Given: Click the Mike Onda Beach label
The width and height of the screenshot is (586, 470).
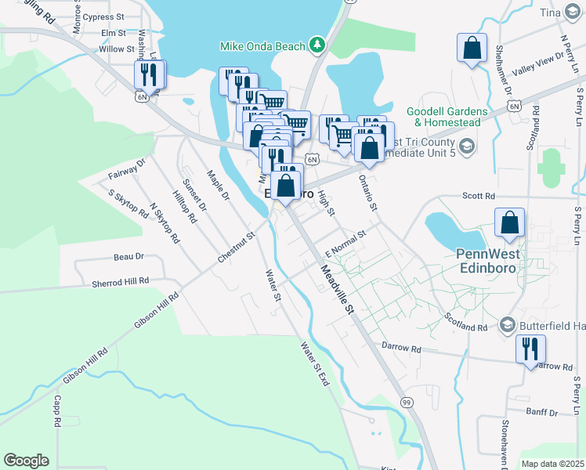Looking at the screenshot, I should tap(262, 46).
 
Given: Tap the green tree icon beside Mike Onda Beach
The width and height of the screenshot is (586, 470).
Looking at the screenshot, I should tap(317, 45).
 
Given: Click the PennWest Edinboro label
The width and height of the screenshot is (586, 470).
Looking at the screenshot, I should tap(493, 259).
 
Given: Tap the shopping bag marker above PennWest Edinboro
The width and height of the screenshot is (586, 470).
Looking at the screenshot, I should tap(509, 222).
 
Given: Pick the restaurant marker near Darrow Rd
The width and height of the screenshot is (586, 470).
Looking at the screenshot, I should tap(530, 349).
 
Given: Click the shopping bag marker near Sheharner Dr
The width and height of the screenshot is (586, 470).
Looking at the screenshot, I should tap(472, 49).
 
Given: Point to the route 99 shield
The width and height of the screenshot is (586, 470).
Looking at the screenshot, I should tap(407, 402).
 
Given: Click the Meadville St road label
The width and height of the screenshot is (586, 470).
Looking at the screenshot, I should tap(338, 290).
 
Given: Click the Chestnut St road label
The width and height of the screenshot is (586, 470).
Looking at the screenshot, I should tap(238, 247).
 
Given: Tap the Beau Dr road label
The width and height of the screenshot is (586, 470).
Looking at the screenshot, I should tap(129, 256).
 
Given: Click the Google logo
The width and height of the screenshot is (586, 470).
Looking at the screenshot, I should tap(26, 461).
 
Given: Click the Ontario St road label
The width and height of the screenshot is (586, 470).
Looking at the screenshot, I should tap(368, 191).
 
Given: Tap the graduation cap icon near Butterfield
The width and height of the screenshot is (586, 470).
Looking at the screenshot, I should tap(506, 325).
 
